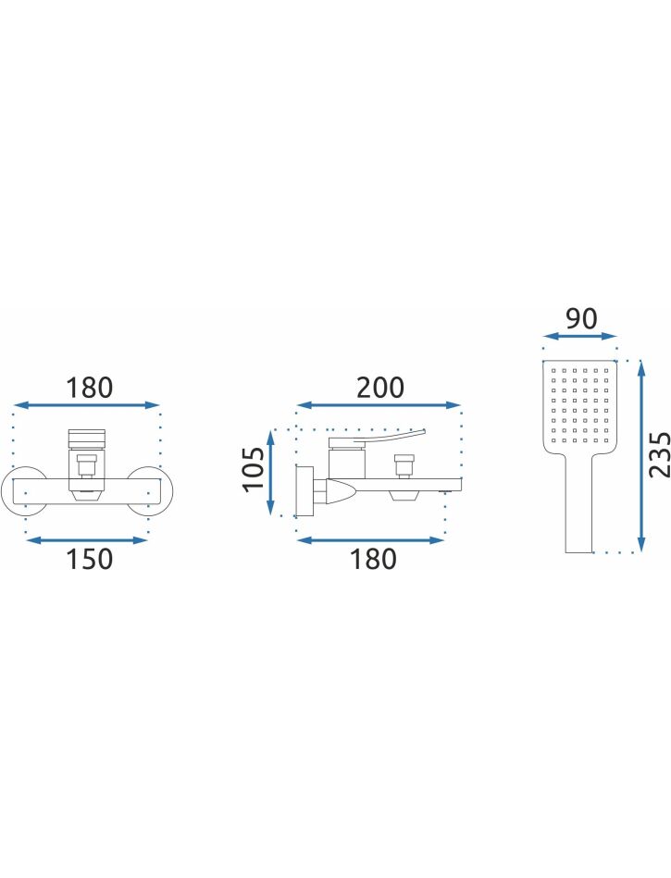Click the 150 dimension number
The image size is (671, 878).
pos(90,559)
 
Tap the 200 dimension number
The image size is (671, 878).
pos(380,388)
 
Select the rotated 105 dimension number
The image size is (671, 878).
pos(255,468)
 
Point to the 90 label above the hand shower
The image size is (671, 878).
pos(581,318)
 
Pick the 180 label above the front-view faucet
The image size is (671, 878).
pos(90,388)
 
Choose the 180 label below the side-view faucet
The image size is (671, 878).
pos(373,559)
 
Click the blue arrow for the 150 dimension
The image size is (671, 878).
pos(87,540)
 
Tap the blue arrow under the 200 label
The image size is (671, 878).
pos(379,405)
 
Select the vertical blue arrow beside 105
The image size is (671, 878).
pos(272,472)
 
